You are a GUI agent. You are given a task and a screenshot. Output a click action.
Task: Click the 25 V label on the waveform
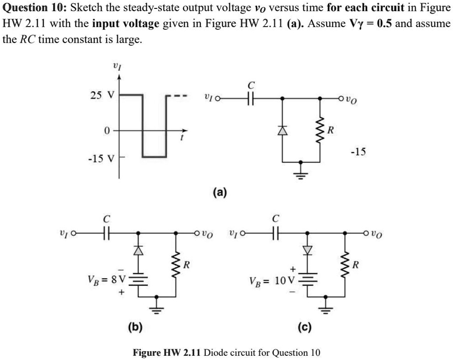coord(101,96)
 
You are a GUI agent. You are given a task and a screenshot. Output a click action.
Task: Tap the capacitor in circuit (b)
coord(107,232)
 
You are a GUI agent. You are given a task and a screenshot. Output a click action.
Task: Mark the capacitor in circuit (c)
coord(277,232)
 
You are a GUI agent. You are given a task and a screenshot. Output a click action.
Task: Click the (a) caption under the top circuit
coord(219,191)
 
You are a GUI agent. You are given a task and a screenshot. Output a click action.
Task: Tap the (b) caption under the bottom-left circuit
coord(136,325)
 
